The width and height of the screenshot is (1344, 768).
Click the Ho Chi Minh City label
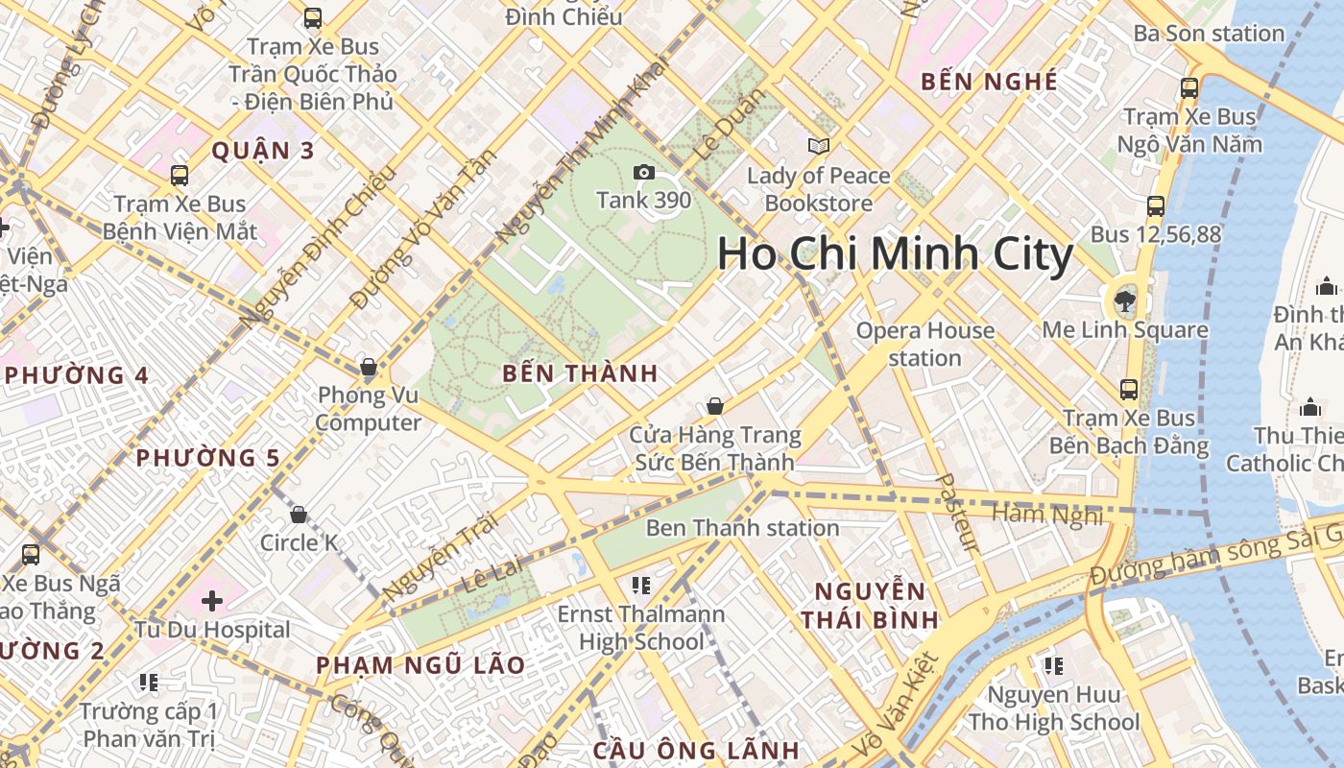coord(895,254)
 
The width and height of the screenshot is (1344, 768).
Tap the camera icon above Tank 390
coord(643,173)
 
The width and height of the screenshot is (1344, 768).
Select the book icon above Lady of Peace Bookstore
coord(818,146)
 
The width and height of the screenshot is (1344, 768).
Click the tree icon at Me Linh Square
coord(1122,301)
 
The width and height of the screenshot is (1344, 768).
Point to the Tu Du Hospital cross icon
coord(212,601)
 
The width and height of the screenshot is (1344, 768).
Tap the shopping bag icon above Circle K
coord(299,515)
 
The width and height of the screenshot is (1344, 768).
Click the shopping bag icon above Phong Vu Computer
coord(368,367)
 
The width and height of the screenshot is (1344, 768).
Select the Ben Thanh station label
coord(742,528)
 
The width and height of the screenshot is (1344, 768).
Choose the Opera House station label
coord(924,344)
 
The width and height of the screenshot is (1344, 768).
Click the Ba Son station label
coord(1209,34)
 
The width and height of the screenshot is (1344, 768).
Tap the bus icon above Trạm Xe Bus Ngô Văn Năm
coord(1189,87)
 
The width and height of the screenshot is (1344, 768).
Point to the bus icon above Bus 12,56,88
coord(1156,205)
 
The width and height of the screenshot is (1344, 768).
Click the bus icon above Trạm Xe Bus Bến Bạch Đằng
coord(1129,390)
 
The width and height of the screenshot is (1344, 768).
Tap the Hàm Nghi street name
coord(1047,515)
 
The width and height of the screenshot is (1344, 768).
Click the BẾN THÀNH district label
coord(580,374)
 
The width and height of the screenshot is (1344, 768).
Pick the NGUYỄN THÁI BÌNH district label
coord(870,605)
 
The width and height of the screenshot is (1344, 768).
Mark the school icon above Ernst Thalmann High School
coord(641,585)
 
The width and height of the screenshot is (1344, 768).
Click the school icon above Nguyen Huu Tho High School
coord(1053,665)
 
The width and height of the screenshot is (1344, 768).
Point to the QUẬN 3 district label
coord(263,151)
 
